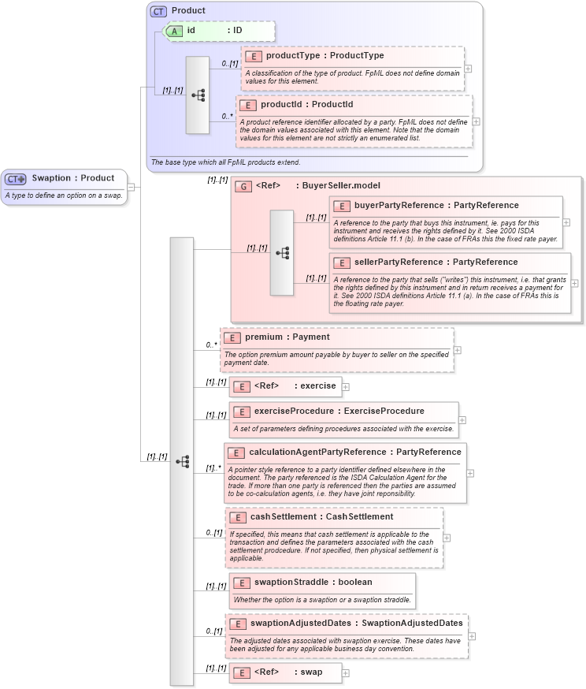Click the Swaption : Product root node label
tap(72, 178)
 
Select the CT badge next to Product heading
tap(158, 11)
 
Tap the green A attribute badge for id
tap(174, 31)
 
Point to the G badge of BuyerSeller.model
tap(243, 186)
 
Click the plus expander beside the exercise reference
tap(345, 386)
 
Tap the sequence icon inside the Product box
tap(198, 95)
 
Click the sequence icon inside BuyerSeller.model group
tap(282, 252)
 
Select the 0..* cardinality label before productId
tap(227, 116)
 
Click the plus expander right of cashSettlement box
tap(447, 538)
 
